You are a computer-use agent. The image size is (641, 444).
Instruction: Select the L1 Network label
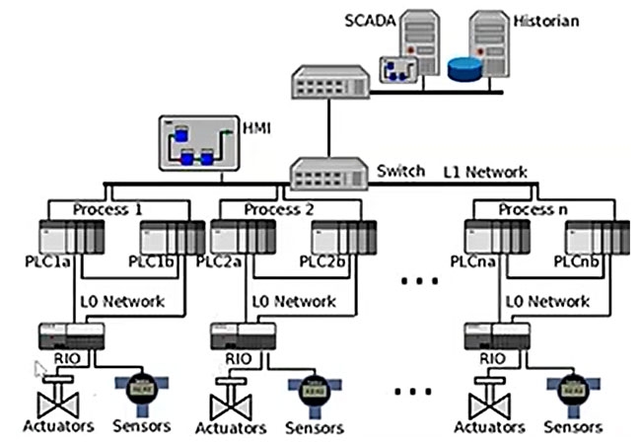[485, 172]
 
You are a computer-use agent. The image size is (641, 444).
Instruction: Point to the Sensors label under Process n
[575, 426]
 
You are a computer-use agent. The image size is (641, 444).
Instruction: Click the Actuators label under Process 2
[233, 427]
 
